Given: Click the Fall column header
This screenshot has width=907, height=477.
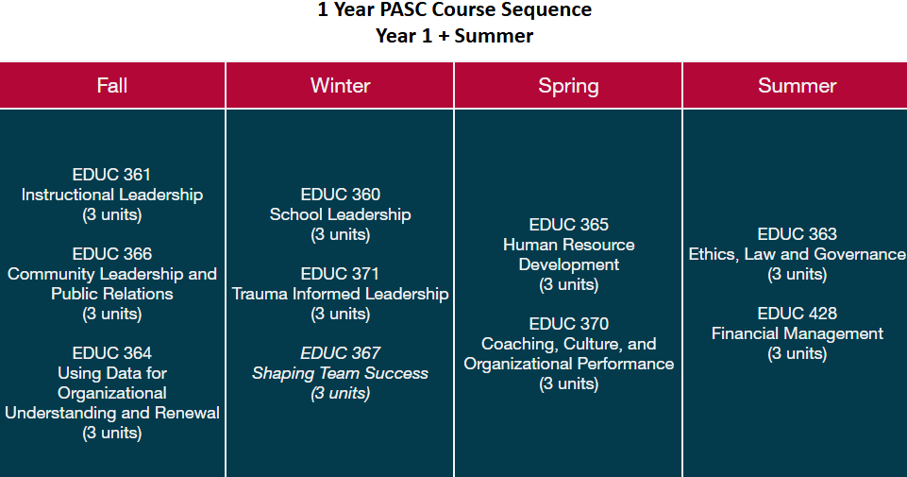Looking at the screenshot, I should click(x=112, y=86).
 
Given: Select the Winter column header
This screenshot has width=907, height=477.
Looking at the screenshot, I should click(x=340, y=86).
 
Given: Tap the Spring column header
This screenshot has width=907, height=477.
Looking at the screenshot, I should click(x=568, y=86).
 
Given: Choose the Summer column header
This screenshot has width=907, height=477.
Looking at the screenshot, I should click(x=797, y=86).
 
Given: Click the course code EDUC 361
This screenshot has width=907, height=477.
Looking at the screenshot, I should click(x=111, y=175).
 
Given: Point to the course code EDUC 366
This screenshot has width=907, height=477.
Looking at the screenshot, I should click(x=111, y=254).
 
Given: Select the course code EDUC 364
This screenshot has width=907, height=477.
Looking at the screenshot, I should click(x=111, y=353).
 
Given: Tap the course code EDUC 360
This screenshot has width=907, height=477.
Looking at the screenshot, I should click(x=340, y=195).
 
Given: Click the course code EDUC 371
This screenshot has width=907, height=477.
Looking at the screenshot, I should click(x=340, y=274).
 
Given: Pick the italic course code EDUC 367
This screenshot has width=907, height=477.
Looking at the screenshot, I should click(x=340, y=353).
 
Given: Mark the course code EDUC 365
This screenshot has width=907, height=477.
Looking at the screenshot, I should click(x=568, y=225).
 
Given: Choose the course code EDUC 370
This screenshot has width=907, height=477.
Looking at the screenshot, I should click(x=568, y=324).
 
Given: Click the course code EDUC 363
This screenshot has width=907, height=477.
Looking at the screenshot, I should click(x=797, y=234).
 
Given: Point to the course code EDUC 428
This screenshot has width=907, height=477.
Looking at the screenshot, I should click(x=797, y=314).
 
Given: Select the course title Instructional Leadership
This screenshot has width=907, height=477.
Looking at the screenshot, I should click(x=111, y=195).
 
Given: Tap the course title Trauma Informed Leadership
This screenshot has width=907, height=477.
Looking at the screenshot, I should click(x=340, y=294).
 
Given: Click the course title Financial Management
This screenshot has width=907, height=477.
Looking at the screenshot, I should click(x=797, y=333).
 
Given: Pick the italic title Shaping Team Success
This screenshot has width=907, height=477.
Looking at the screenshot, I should click(x=340, y=373).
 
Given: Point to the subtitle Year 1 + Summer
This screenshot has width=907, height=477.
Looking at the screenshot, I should click(x=454, y=36).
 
